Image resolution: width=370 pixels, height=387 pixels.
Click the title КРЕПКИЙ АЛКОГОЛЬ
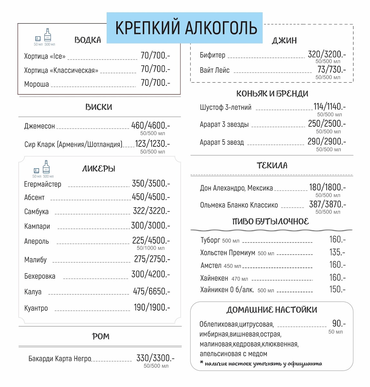[186, 28]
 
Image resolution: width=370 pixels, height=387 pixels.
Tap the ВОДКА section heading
[88, 40]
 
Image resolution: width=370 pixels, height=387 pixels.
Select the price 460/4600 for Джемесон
[150, 125]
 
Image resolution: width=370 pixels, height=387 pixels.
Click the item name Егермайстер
[43, 184]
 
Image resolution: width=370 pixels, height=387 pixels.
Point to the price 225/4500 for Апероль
[151, 241]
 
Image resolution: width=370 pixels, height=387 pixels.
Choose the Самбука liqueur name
[37, 212]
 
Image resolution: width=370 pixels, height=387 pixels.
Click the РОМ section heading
[100, 337]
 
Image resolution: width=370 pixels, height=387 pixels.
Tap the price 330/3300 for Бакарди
[155, 358]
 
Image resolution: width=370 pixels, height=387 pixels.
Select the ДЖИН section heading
[284, 41]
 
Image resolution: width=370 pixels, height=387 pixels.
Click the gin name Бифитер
[213, 55]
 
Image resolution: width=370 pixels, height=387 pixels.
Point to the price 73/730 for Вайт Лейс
[332, 70]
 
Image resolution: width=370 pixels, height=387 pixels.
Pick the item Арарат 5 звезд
[222, 143]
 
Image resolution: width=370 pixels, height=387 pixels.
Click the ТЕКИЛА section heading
[272, 165]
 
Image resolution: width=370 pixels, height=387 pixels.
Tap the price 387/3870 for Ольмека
[327, 204]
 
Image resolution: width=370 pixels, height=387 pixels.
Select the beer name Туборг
[210, 240]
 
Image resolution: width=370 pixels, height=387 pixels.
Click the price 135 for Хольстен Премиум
[337, 252]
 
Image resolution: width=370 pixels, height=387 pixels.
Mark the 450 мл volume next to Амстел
[232, 266]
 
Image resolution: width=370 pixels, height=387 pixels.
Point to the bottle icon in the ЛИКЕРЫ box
[47, 167]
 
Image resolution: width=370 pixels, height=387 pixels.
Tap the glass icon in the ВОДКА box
[38, 39]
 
